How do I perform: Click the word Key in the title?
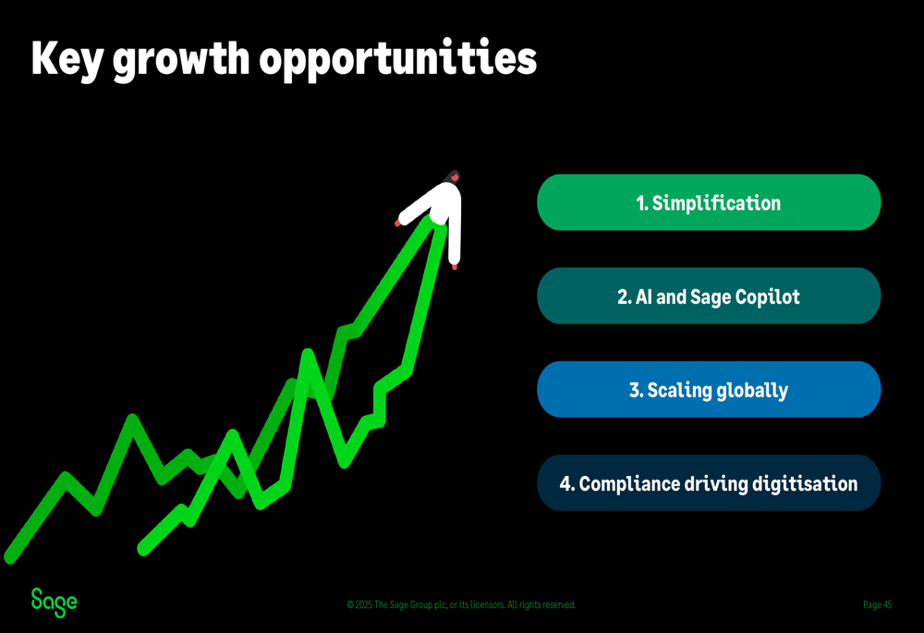[67, 59]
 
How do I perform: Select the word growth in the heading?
[181, 61]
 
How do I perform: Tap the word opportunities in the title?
[397, 59]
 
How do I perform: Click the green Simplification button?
[709, 202]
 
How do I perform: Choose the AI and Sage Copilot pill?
[709, 296]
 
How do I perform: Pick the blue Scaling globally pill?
[709, 390]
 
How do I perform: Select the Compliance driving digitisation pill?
[709, 482]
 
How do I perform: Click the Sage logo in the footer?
[55, 603]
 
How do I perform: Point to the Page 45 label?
[878, 604]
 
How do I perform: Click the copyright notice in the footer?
[461, 604]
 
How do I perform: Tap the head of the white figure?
[452, 177]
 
